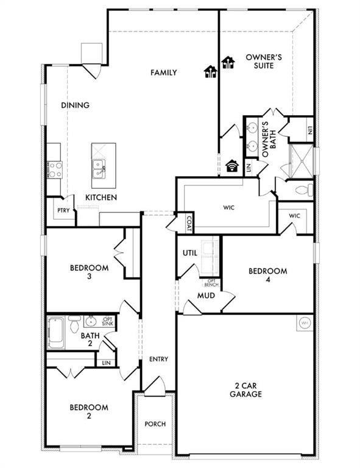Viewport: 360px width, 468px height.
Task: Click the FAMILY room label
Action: coord(164,73)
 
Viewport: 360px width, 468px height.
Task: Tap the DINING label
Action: coord(76,105)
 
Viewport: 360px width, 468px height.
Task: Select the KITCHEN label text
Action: coord(101,197)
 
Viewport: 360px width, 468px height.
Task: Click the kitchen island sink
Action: coord(98,165)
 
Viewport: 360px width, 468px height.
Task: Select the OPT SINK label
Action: coord(108,321)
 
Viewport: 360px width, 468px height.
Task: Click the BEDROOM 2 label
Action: coord(89,412)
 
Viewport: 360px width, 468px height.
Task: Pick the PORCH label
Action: coord(155,424)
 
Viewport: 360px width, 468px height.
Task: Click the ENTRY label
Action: coord(158,360)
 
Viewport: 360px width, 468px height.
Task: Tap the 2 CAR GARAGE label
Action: coord(248,390)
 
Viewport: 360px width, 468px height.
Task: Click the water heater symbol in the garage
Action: coord(304,322)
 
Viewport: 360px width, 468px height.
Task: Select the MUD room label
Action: coord(205,296)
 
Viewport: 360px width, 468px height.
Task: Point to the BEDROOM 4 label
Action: coord(267,275)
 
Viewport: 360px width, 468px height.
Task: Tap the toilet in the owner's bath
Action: coord(302,190)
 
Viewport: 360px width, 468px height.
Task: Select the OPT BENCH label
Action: coord(211,282)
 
